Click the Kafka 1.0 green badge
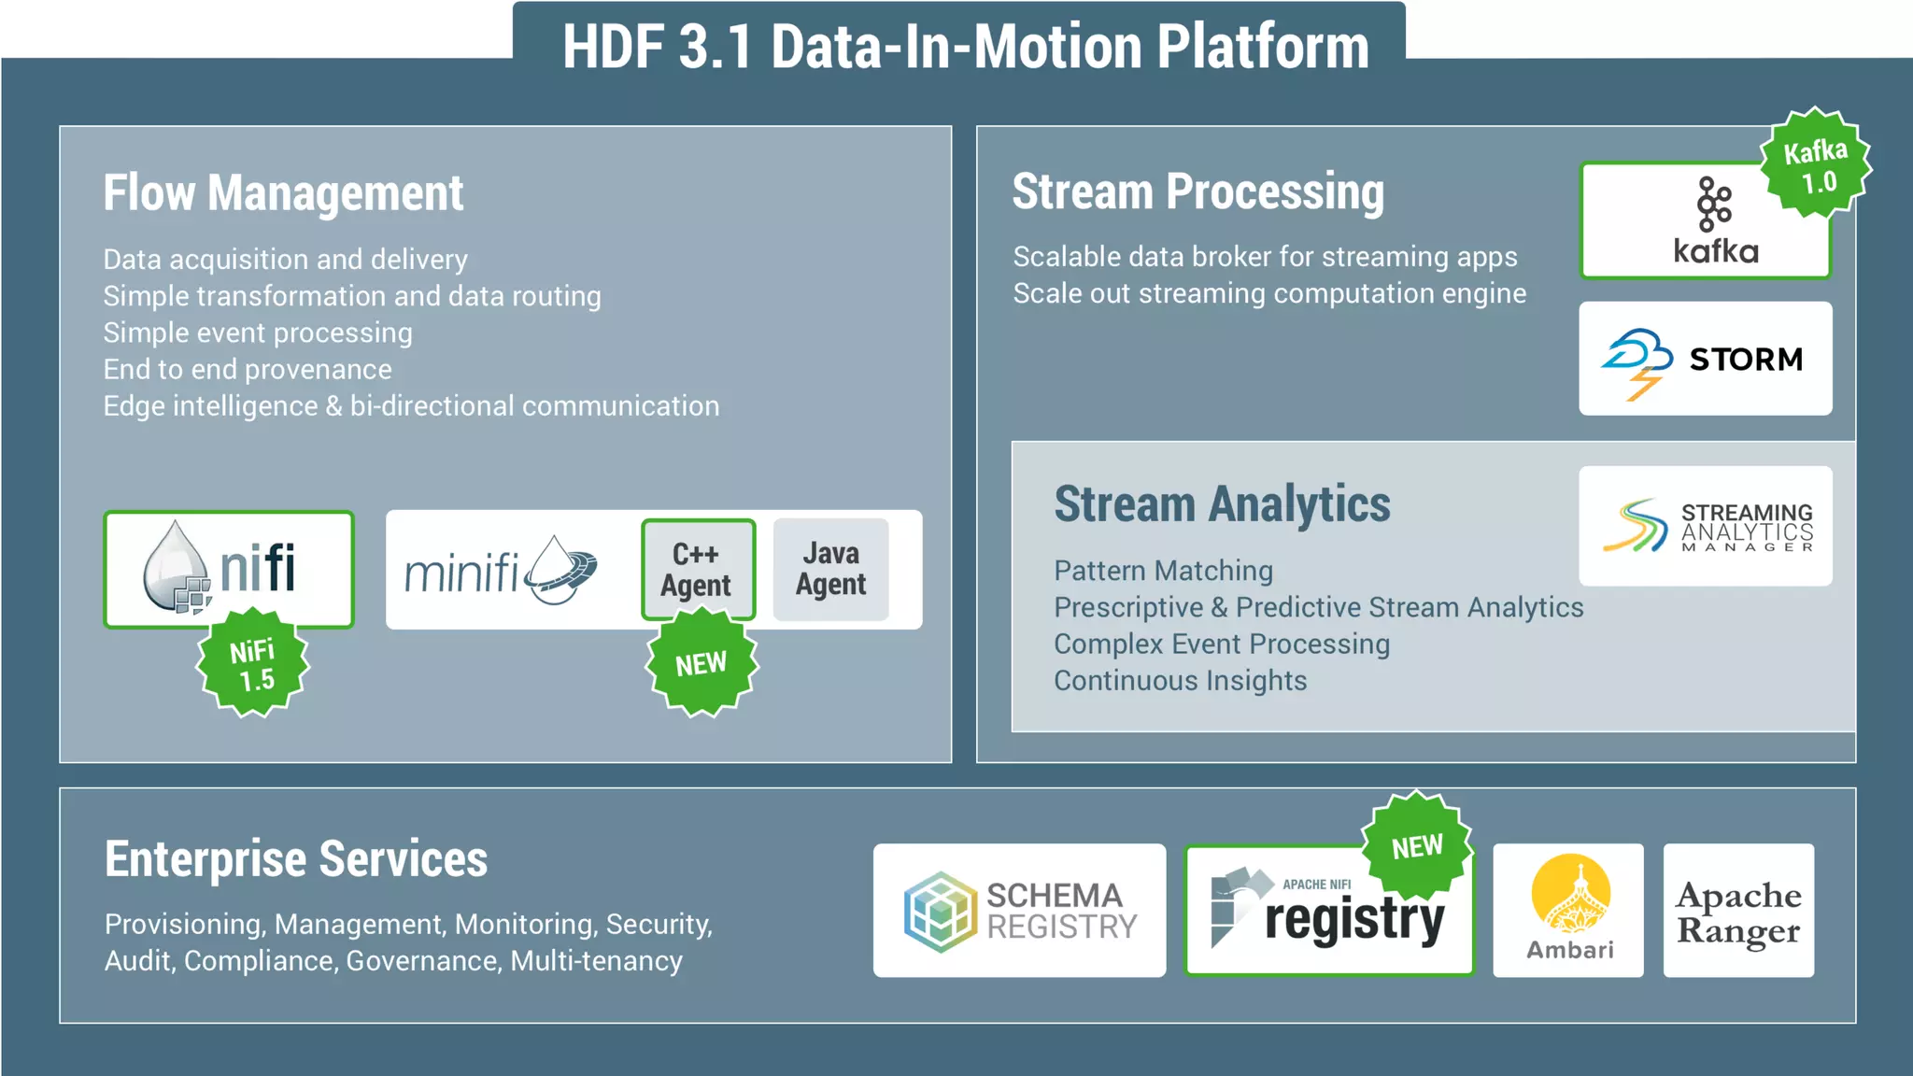pyautogui.click(x=1815, y=164)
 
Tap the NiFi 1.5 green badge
pyautogui.click(x=252, y=664)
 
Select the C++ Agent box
pyautogui.click(x=697, y=569)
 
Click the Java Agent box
pyautogui.click(x=830, y=569)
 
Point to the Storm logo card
pyautogui.click(x=1705, y=359)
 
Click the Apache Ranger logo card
pyautogui.click(x=1737, y=911)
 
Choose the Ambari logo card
pyautogui.click(x=1568, y=911)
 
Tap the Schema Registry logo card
pyautogui.click(x=1019, y=911)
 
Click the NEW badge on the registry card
pyautogui.click(x=1417, y=846)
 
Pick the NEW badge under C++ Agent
pyautogui.click(x=701, y=664)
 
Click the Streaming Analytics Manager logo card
pyautogui.click(x=1705, y=526)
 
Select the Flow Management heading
pyautogui.click(x=283, y=193)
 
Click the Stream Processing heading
pyautogui.click(x=1197, y=191)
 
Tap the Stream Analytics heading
pyautogui.click(x=1222, y=504)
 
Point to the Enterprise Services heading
pyautogui.click(x=295, y=859)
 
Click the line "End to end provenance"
pyautogui.click(x=248, y=370)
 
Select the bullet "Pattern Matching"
pyautogui.click(x=1163, y=571)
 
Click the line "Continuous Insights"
pyautogui.click(x=1180, y=681)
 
